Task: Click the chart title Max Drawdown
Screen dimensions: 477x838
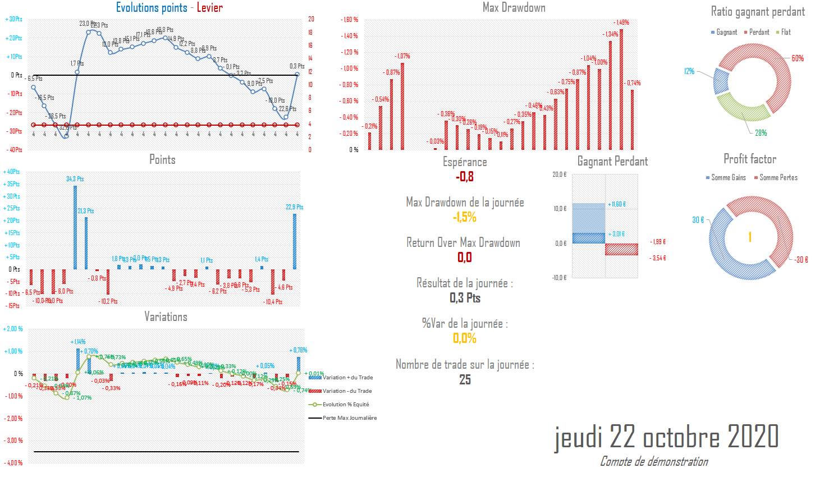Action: tap(514, 8)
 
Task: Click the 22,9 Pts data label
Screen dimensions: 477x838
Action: tap(294, 207)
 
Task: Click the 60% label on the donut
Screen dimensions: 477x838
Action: tap(798, 58)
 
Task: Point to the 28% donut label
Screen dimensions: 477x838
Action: tap(761, 133)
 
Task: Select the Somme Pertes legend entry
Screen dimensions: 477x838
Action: tap(778, 178)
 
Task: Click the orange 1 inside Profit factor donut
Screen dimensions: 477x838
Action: tap(750, 237)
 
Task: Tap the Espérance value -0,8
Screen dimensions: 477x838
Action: tap(465, 177)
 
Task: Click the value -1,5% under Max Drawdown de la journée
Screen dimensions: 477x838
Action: tap(465, 217)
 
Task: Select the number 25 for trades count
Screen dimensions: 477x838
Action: tap(465, 380)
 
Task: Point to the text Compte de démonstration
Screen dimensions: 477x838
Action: tap(654, 462)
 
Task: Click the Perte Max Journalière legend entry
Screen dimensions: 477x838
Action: tap(349, 418)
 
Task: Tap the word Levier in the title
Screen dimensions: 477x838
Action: tap(209, 8)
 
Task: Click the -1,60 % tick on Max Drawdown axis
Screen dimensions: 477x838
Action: tap(349, 20)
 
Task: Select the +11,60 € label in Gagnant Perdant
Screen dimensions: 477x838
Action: tap(617, 204)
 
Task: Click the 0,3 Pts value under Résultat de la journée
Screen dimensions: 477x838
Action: tap(465, 298)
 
